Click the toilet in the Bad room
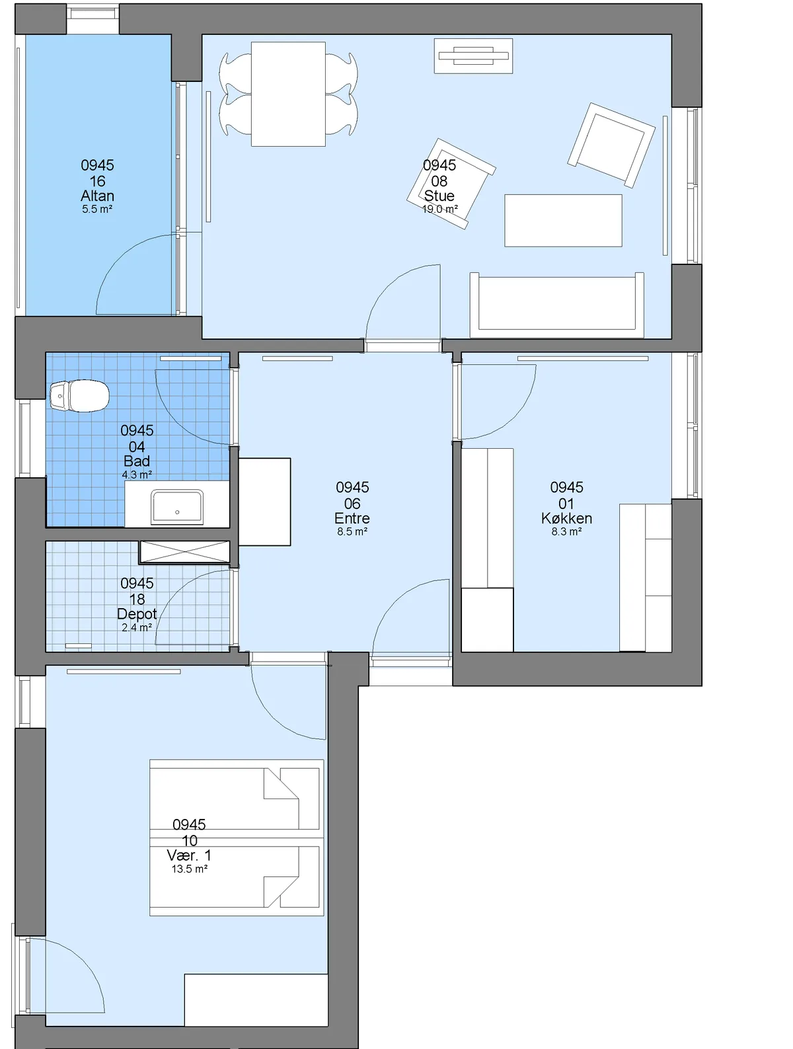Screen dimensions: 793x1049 click(x=79, y=396)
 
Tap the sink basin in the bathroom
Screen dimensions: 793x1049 click(x=176, y=506)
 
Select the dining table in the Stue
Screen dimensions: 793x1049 click(x=288, y=94)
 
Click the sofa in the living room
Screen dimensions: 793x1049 click(x=556, y=305)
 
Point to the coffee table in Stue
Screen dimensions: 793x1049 click(x=563, y=220)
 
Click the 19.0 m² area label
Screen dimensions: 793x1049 click(x=439, y=209)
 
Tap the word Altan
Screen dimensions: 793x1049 click(x=97, y=196)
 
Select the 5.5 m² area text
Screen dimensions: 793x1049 click(x=97, y=209)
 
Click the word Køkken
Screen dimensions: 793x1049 click(x=566, y=518)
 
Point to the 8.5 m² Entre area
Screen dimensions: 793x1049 click(x=352, y=531)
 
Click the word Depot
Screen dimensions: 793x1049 click(x=137, y=614)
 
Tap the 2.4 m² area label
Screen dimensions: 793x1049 click(x=137, y=627)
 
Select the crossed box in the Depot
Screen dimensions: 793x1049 click(x=185, y=552)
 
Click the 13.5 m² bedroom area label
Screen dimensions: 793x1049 click(x=189, y=869)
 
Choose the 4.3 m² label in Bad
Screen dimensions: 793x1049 click(x=137, y=475)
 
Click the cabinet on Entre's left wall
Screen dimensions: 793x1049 click(x=264, y=502)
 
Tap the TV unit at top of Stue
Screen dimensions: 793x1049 click(x=473, y=56)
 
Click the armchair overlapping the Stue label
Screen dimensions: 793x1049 click(x=451, y=184)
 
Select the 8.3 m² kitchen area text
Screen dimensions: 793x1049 click(x=566, y=531)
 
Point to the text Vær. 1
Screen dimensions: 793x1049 click(x=189, y=855)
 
